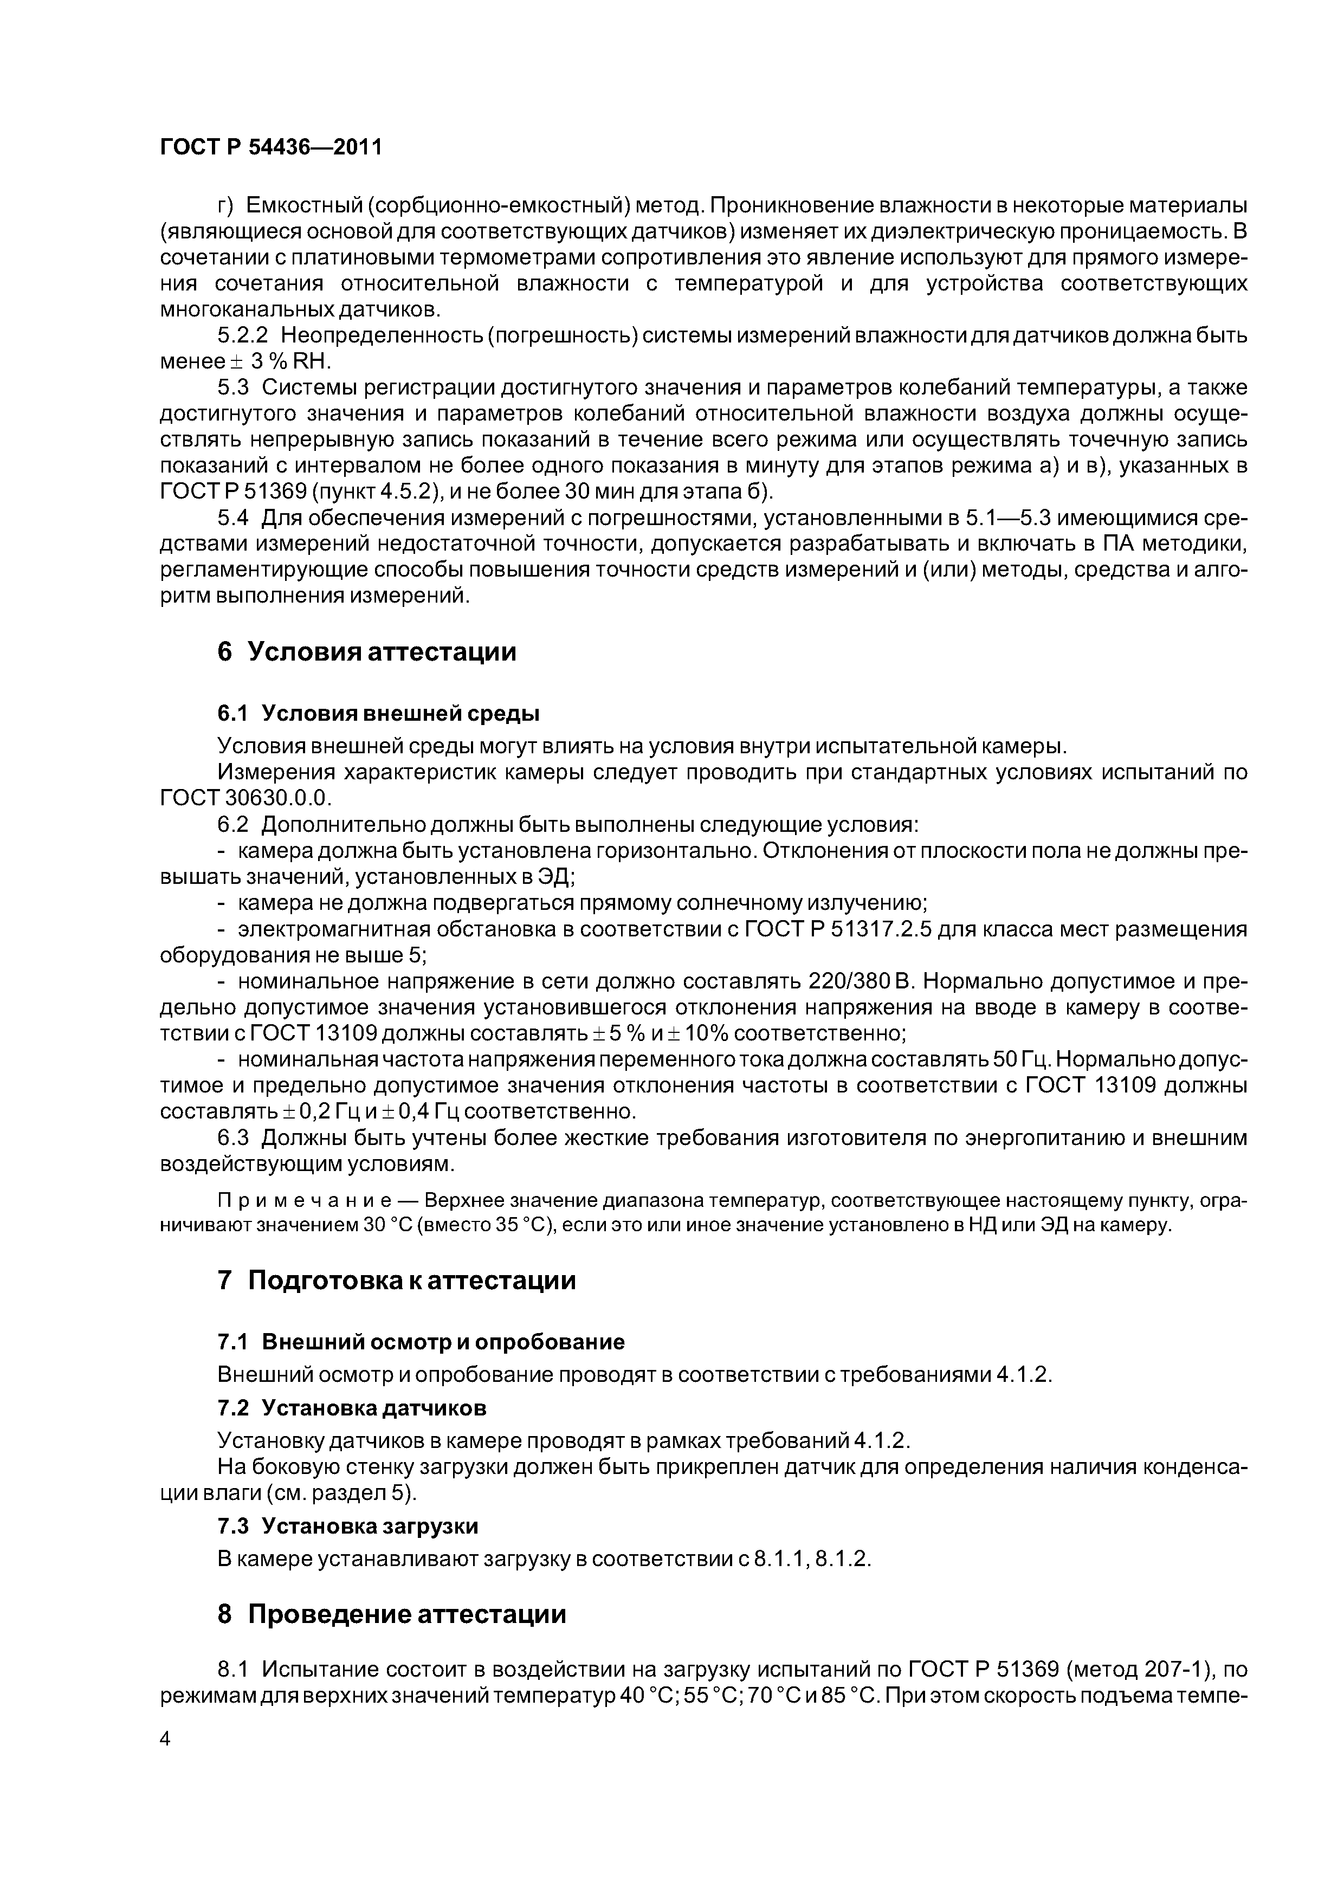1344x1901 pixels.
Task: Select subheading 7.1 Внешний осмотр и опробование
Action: point(421,1341)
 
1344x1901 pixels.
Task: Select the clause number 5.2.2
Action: point(243,335)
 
